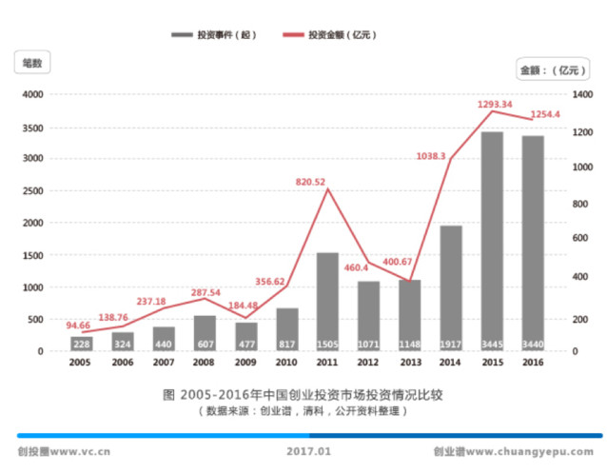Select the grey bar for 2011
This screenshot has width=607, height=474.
point(327,300)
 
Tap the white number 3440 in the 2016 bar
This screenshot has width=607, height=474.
point(533,344)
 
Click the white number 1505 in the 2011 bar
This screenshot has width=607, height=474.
point(327,344)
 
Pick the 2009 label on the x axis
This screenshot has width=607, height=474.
point(245,362)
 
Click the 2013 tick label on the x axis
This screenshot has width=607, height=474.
point(410,362)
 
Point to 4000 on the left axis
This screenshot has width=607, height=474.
point(32,95)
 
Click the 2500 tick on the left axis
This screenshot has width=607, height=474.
point(32,191)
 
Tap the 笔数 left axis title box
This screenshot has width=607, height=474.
point(32,63)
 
